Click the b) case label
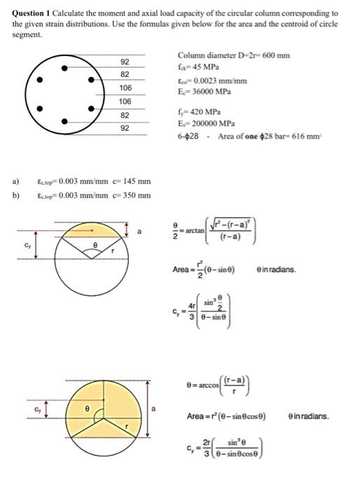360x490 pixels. pyautogui.click(x=15, y=195)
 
